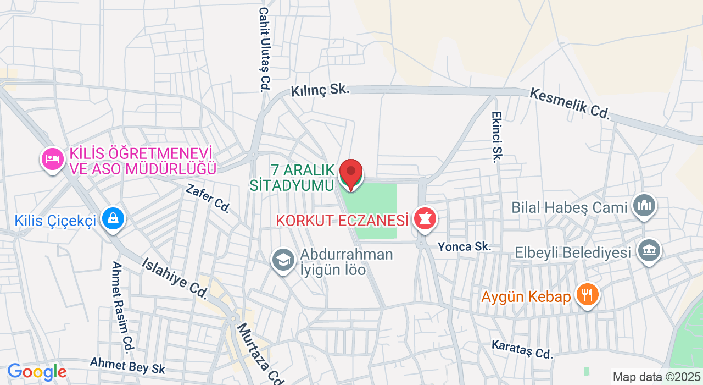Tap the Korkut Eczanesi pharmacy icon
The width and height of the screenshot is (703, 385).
424,219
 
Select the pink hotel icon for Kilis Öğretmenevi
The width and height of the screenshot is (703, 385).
53,159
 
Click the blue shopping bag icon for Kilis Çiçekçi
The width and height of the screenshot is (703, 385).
113,219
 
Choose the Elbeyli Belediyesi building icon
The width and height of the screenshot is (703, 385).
649,251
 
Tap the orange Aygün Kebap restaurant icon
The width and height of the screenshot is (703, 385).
587,295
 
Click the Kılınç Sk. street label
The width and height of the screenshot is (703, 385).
320,90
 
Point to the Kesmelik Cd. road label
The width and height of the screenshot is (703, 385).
570,103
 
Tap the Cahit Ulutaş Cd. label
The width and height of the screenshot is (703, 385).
265,49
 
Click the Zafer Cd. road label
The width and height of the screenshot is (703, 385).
208,198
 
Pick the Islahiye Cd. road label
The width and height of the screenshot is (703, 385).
174,278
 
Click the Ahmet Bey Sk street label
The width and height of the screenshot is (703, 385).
127,365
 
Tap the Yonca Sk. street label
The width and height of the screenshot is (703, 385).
464,247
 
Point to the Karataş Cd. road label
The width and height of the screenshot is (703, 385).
522,349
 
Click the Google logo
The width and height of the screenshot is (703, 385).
37,372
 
